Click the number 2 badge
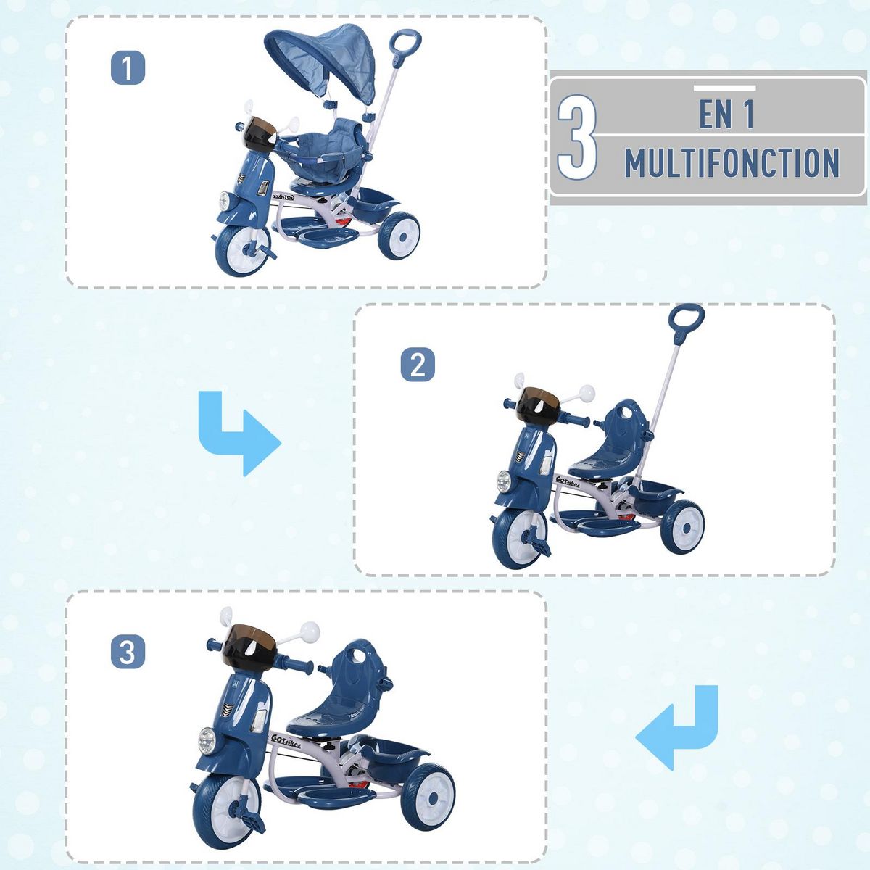click(418, 365)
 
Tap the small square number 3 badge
click(128, 652)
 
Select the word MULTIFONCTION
click(732, 163)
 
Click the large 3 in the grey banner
click(577, 137)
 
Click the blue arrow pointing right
click(238, 434)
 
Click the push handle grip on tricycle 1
click(407, 41)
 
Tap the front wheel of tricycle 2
click(518, 539)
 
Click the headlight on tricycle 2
click(503, 479)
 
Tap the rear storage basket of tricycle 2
click(656, 494)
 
